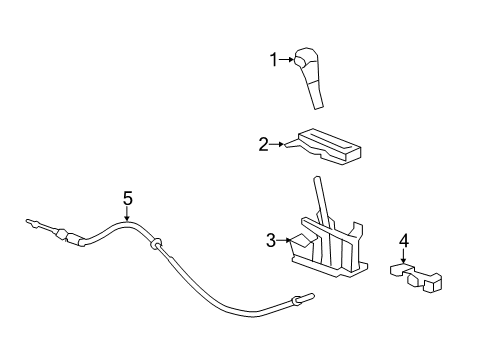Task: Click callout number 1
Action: pos(272,60)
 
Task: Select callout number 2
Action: pos(263,145)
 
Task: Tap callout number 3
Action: pos(271,240)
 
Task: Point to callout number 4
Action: pos(404,241)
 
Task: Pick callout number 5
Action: pos(127,198)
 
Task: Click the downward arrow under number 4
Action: pos(404,257)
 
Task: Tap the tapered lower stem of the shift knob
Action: pos(316,95)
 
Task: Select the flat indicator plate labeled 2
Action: pos(325,145)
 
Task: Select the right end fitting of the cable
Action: pos(302,298)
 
